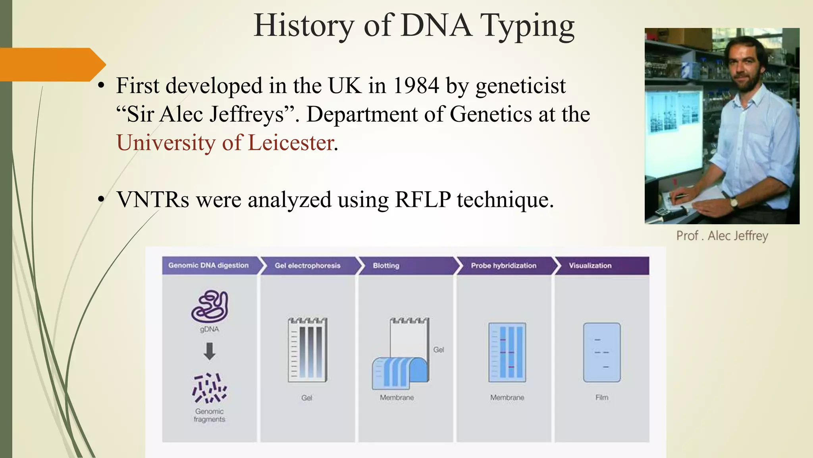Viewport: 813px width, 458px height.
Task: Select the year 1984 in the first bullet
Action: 416,85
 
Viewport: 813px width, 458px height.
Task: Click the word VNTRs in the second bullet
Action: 153,200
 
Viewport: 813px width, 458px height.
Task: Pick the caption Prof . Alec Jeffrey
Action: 722,236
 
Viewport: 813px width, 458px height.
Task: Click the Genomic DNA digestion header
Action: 208,266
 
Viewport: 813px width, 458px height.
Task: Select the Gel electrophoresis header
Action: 308,266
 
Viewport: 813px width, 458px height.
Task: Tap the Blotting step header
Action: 386,266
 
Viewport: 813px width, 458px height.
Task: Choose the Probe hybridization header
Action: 503,266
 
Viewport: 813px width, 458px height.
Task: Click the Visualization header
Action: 590,266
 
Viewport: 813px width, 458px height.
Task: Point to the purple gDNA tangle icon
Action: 210,307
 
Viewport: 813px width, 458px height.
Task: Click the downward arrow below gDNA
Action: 210,351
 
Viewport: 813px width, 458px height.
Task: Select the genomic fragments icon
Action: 210,388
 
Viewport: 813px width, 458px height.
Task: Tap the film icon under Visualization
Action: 602,353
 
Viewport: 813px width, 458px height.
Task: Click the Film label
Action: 602,398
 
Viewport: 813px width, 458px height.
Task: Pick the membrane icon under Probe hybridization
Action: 507,353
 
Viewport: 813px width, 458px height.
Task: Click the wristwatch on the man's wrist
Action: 734,202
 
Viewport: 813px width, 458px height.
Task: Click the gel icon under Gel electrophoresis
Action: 308,350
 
